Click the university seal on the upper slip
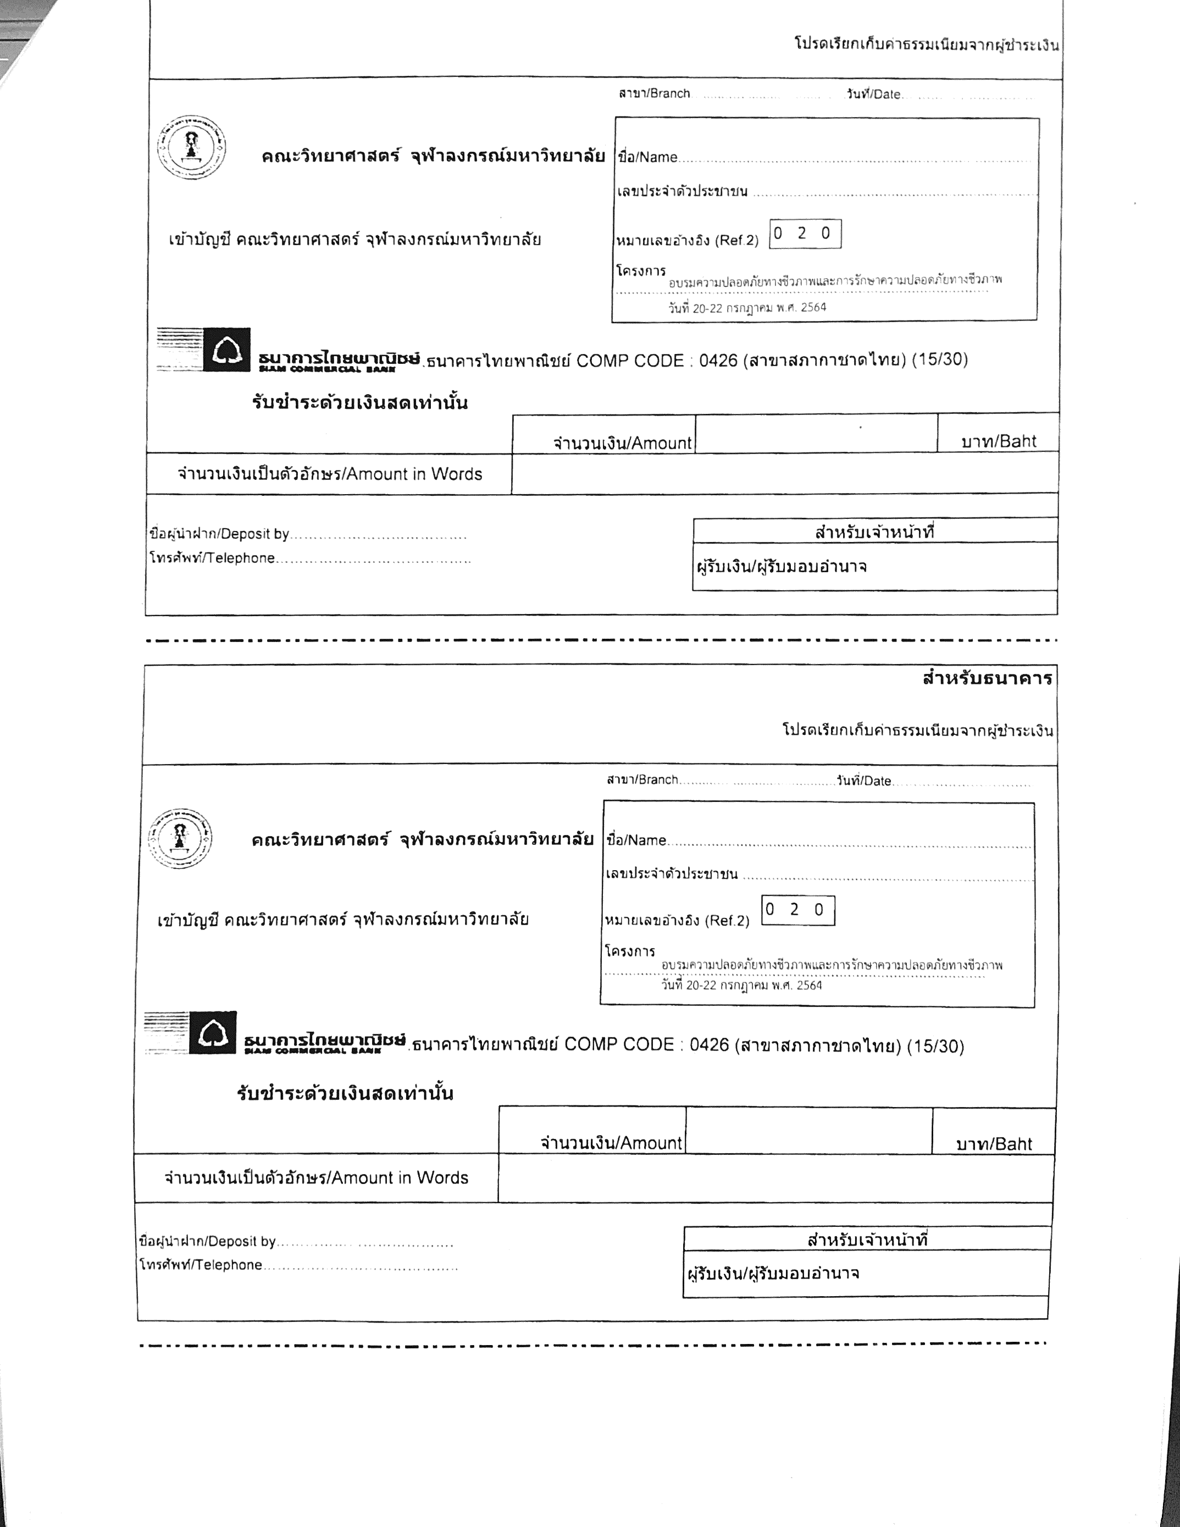tap(191, 147)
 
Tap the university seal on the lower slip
tap(180, 838)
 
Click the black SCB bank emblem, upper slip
tap(226, 350)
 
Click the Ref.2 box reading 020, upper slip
tap(805, 234)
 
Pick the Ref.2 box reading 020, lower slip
tap(797, 910)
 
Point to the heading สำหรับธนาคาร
tap(987, 678)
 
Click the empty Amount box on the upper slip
tap(816, 434)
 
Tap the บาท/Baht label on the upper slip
tap(998, 441)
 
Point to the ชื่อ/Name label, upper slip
tap(647, 157)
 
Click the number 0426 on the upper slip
tap(718, 361)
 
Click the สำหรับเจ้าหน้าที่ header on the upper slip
tap(874, 532)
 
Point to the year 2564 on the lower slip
tap(809, 985)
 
